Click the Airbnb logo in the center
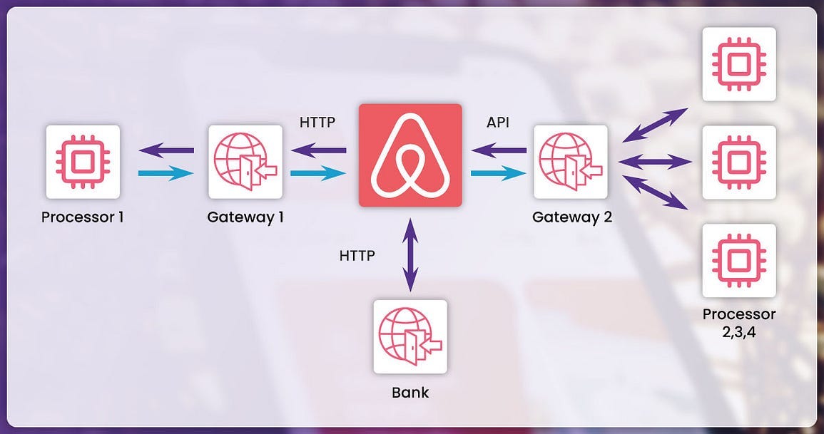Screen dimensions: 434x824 pyautogui.click(x=410, y=155)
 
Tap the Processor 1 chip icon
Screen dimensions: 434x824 pyautogui.click(x=82, y=162)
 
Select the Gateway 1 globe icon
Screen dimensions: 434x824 pyautogui.click(x=245, y=162)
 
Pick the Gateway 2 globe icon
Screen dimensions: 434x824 pyautogui.click(x=570, y=162)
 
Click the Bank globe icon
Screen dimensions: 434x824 pyautogui.click(x=410, y=336)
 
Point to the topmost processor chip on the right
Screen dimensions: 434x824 pyautogui.click(x=738, y=64)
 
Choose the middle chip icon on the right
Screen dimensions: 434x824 pyautogui.click(x=738, y=162)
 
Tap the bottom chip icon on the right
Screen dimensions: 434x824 pyautogui.click(x=738, y=260)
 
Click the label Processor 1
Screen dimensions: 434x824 pyautogui.click(x=82, y=217)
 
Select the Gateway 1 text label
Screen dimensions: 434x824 pyautogui.click(x=245, y=217)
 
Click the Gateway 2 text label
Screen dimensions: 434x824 pyautogui.click(x=572, y=217)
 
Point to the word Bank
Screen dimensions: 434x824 pyautogui.click(x=410, y=392)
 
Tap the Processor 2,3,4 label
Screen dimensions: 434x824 pyautogui.click(x=738, y=321)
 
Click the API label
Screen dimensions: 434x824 pyautogui.click(x=497, y=123)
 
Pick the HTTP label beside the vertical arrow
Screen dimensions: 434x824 pyautogui.click(x=357, y=254)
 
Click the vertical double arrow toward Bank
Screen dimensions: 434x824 pyautogui.click(x=410, y=254)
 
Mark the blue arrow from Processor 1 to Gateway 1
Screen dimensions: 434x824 pyautogui.click(x=166, y=173)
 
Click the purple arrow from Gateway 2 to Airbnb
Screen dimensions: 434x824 pyautogui.click(x=499, y=150)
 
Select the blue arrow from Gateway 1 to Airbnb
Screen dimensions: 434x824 pyautogui.click(x=318, y=173)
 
